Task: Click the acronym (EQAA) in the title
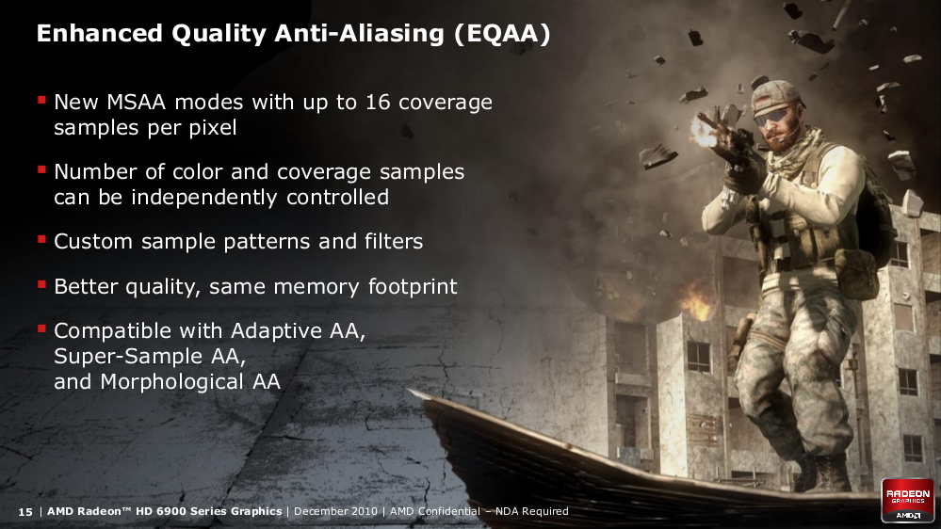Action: (x=502, y=34)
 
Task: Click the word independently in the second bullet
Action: (x=204, y=198)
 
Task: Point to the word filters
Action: (x=394, y=241)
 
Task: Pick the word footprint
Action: (x=413, y=287)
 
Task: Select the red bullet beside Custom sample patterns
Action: (x=41, y=240)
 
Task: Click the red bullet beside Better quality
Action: (x=41, y=284)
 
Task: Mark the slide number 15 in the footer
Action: (x=25, y=512)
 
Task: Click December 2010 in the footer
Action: (x=335, y=511)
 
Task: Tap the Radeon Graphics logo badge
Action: (x=907, y=500)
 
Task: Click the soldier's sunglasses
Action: (x=772, y=115)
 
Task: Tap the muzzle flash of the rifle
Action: (x=703, y=132)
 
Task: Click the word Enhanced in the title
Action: (x=100, y=34)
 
